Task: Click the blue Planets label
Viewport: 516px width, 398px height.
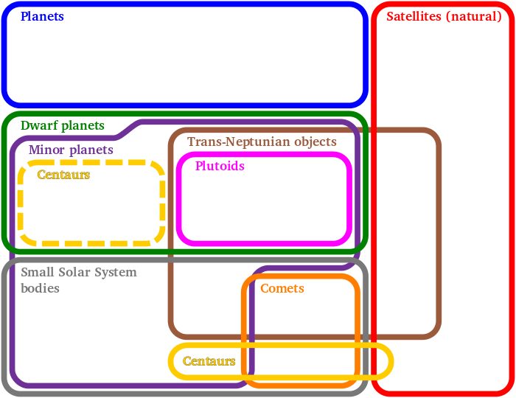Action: [x=42, y=16]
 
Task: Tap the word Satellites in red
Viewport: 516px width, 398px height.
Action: [x=414, y=15]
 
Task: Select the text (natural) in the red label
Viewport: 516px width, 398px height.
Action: [x=473, y=15]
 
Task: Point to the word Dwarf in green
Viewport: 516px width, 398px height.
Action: [x=37, y=125]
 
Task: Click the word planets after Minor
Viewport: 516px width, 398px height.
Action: [x=91, y=150]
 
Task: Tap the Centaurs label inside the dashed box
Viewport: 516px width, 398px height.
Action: [x=63, y=175]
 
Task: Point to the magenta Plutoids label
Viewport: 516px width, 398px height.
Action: [x=220, y=167]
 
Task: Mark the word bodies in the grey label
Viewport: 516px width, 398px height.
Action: [x=40, y=288]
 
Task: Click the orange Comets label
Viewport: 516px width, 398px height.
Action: [x=282, y=288]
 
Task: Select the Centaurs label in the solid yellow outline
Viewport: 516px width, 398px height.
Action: [x=209, y=361]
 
